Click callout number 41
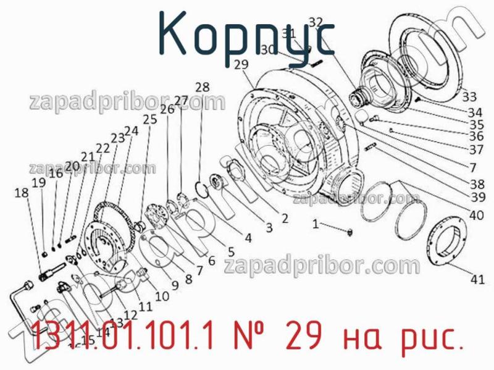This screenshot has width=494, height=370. coord(477,279)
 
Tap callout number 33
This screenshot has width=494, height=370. coord(469,96)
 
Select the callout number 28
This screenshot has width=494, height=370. coord(202,86)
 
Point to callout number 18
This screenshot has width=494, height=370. coord(21,193)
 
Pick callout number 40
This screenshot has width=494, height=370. coord(476,216)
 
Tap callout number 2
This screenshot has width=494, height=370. coord(284,217)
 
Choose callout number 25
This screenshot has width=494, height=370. coord(149,120)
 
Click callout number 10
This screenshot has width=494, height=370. coord(161,296)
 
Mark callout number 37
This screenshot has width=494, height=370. coord(476,149)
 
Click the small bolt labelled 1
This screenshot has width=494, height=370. coord(350,232)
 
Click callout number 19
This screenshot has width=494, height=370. coord(39,183)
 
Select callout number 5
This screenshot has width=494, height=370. coord(230,251)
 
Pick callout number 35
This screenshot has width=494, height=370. coord(475,124)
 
